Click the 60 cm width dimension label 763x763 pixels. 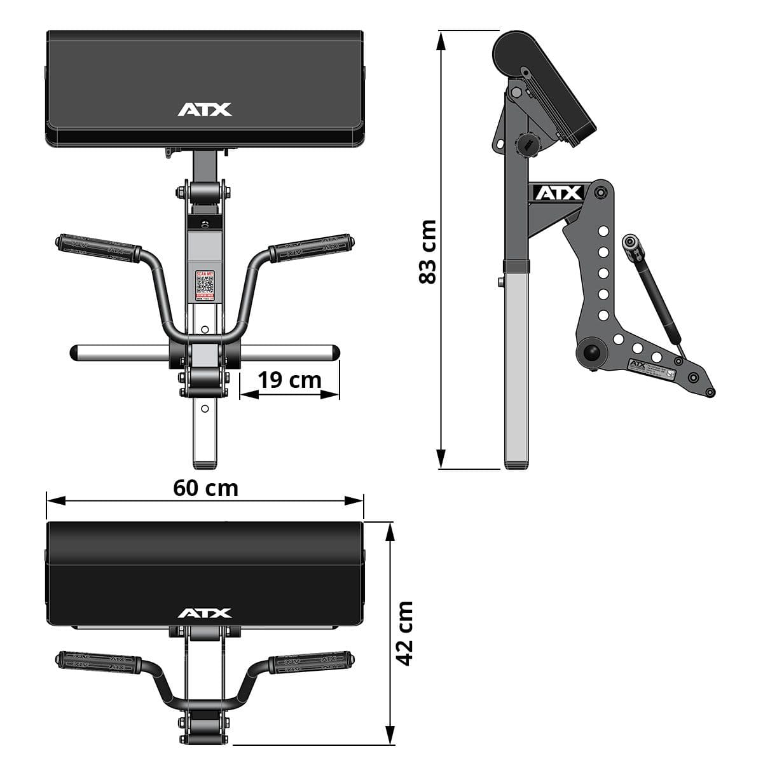(205, 488)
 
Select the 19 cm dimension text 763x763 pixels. (289, 380)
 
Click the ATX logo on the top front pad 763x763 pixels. (205, 110)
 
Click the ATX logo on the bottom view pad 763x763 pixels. (205, 614)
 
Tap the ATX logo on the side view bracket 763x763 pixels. (558, 193)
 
